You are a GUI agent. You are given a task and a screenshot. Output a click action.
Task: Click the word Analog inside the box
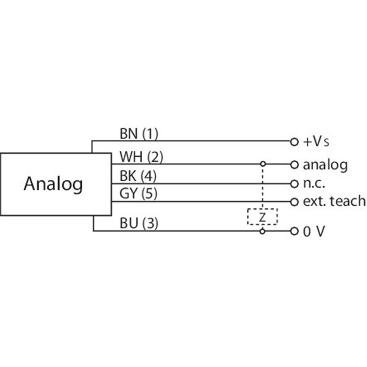[53, 184]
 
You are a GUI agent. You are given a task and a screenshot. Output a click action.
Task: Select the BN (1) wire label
[139, 134]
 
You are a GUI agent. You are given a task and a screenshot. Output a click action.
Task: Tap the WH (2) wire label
[141, 157]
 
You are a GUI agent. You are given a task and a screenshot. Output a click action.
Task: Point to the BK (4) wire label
[139, 176]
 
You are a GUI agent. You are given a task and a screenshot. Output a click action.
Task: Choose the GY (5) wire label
[139, 194]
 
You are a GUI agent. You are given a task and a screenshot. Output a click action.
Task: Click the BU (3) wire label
[139, 224]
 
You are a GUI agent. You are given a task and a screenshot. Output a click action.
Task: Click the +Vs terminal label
[316, 142]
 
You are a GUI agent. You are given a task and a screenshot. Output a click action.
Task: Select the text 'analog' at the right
[325, 164]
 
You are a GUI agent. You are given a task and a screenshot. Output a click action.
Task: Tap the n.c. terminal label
[314, 183]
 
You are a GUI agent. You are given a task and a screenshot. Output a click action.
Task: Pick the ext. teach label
[334, 201]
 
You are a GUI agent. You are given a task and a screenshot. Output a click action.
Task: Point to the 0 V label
[314, 232]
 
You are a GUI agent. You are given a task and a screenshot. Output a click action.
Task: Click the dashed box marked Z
[262, 217]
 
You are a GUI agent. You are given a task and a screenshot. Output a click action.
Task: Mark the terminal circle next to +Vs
[294, 141]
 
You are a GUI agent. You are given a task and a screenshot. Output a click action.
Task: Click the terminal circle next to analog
[294, 164]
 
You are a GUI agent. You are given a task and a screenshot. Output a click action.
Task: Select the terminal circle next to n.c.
[294, 183]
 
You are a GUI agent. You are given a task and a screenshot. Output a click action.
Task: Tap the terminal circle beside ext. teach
[294, 201]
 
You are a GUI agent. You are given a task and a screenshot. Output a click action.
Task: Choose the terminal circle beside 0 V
[294, 231]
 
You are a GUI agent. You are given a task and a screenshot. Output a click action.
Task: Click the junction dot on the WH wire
[262, 164]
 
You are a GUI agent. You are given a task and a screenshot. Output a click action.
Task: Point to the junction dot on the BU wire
[262, 231]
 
